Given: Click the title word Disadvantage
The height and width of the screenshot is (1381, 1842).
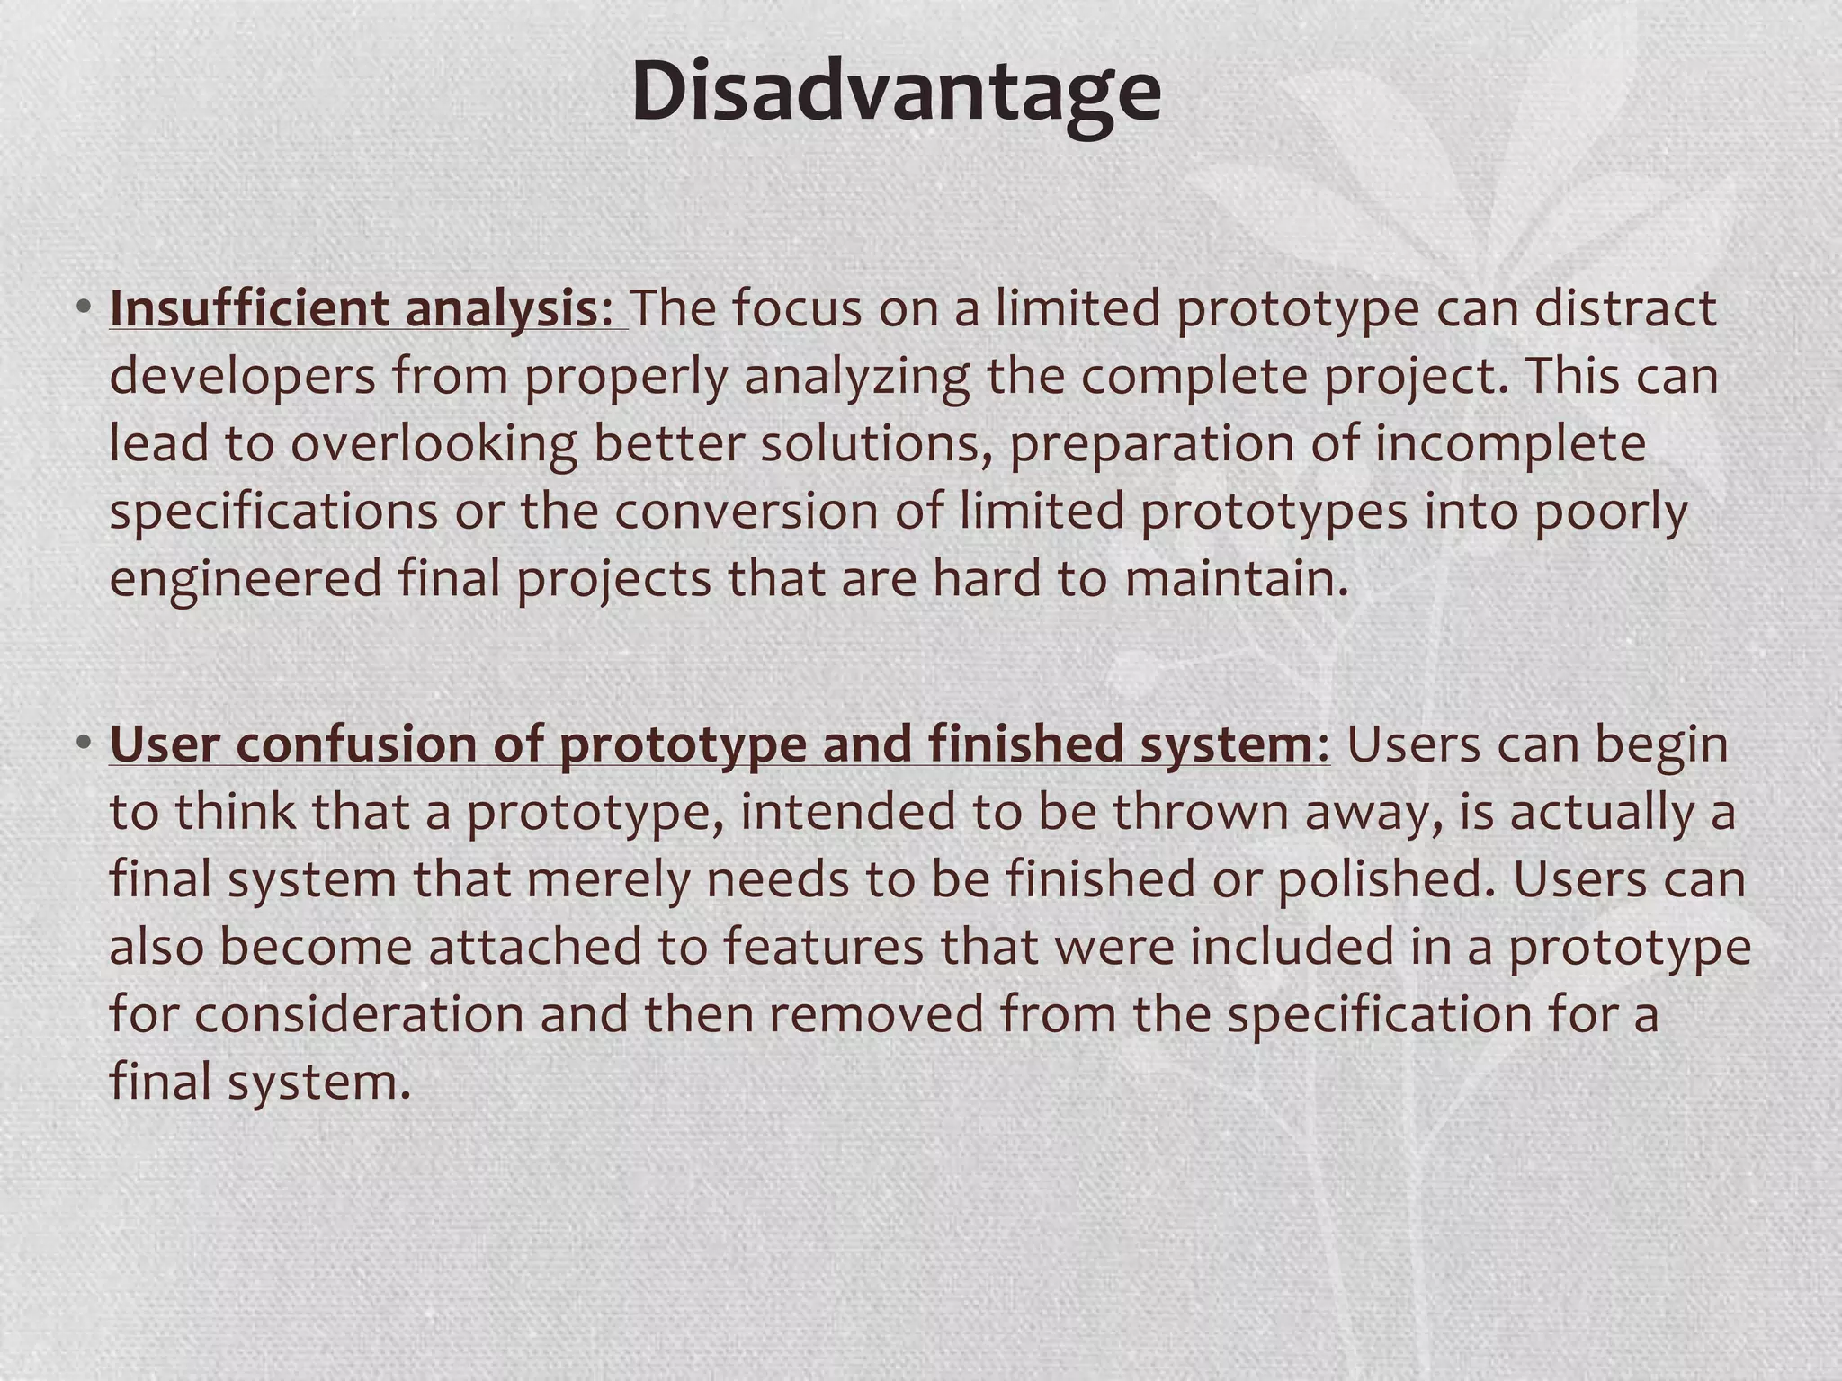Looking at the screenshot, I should (x=896, y=94).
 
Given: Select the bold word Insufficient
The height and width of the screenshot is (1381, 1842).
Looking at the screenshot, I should (x=249, y=308).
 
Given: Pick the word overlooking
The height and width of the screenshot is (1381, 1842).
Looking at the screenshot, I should (x=434, y=444).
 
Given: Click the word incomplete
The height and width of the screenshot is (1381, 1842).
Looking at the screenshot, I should (x=1510, y=444).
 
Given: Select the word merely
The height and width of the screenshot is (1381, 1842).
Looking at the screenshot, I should (x=607, y=879).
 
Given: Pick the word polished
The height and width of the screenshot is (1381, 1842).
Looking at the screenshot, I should (x=1385, y=879).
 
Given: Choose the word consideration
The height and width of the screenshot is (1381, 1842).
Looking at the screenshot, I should (x=359, y=1014).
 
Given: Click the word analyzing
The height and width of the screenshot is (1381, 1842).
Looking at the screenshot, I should (x=856, y=376).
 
